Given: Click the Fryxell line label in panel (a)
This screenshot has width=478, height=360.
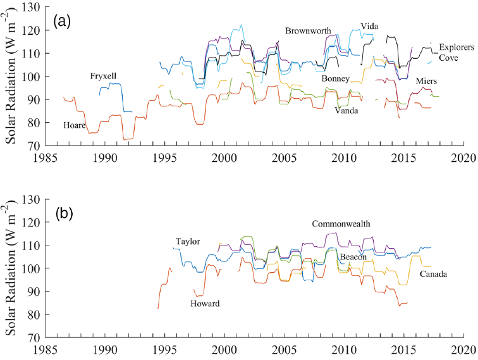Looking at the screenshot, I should (103, 77).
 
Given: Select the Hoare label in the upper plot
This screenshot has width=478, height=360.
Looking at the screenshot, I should (74, 126).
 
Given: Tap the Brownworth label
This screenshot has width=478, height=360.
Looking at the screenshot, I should (307, 30).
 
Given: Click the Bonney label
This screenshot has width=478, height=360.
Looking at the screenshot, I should (336, 78).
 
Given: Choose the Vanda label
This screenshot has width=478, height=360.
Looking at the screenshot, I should (346, 110).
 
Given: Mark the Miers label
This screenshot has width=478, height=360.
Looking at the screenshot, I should (426, 82).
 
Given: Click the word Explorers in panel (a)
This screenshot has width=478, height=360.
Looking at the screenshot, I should (457, 47).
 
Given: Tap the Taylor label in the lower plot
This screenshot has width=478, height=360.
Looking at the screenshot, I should (188, 242).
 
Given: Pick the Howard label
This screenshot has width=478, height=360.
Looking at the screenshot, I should (205, 304).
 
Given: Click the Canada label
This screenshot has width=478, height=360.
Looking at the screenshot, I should (433, 275).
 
